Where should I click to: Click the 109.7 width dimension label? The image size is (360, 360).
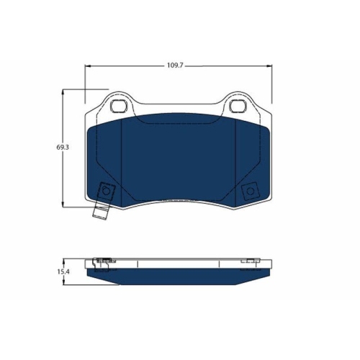[x=175, y=66]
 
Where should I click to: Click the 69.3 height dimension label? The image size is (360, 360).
[x=63, y=147]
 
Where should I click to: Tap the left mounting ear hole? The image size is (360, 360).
[x=119, y=106]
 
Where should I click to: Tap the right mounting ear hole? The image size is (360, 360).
[x=238, y=106]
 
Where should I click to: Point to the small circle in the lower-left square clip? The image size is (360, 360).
[x=106, y=192]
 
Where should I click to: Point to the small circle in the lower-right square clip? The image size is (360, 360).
[x=251, y=191]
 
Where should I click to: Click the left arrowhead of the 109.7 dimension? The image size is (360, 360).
[x=88, y=66]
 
